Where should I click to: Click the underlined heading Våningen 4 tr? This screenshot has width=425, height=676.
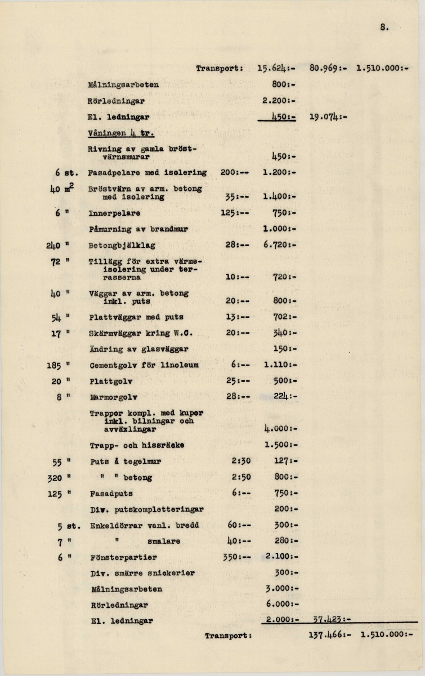coord(121,133)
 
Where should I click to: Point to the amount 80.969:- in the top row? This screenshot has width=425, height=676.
coord(330,69)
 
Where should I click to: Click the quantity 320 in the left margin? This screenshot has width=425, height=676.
coord(53,477)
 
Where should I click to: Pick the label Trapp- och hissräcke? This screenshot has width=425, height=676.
coord(137,445)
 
